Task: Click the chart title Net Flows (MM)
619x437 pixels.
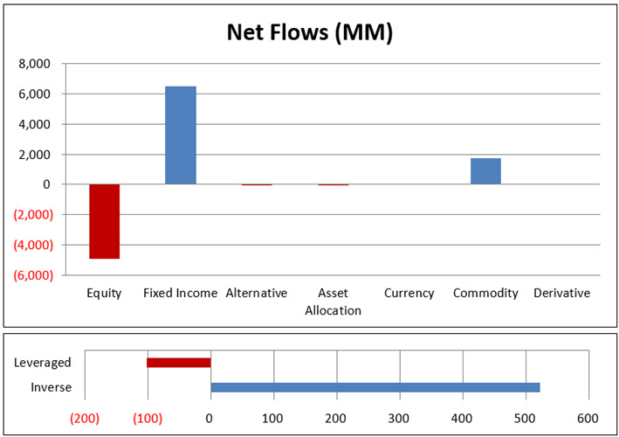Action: click(x=309, y=32)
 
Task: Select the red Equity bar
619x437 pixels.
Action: click(x=105, y=221)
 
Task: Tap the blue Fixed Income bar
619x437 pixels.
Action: click(x=180, y=135)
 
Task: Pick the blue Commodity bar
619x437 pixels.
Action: click(x=485, y=171)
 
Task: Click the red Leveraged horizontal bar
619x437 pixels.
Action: click(x=179, y=363)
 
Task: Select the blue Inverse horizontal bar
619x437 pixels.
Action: click(x=375, y=387)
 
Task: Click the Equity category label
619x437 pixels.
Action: click(x=104, y=294)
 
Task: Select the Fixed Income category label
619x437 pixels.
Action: click(x=180, y=294)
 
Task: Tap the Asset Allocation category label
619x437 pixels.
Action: click(x=333, y=302)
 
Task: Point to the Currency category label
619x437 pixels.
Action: click(x=409, y=294)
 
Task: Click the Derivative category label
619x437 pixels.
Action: click(x=561, y=294)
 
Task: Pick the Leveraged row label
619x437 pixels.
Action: click(x=43, y=363)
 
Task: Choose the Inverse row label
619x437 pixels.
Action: click(x=51, y=387)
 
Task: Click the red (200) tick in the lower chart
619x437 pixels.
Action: click(x=85, y=418)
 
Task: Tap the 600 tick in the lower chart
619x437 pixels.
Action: click(x=588, y=418)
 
